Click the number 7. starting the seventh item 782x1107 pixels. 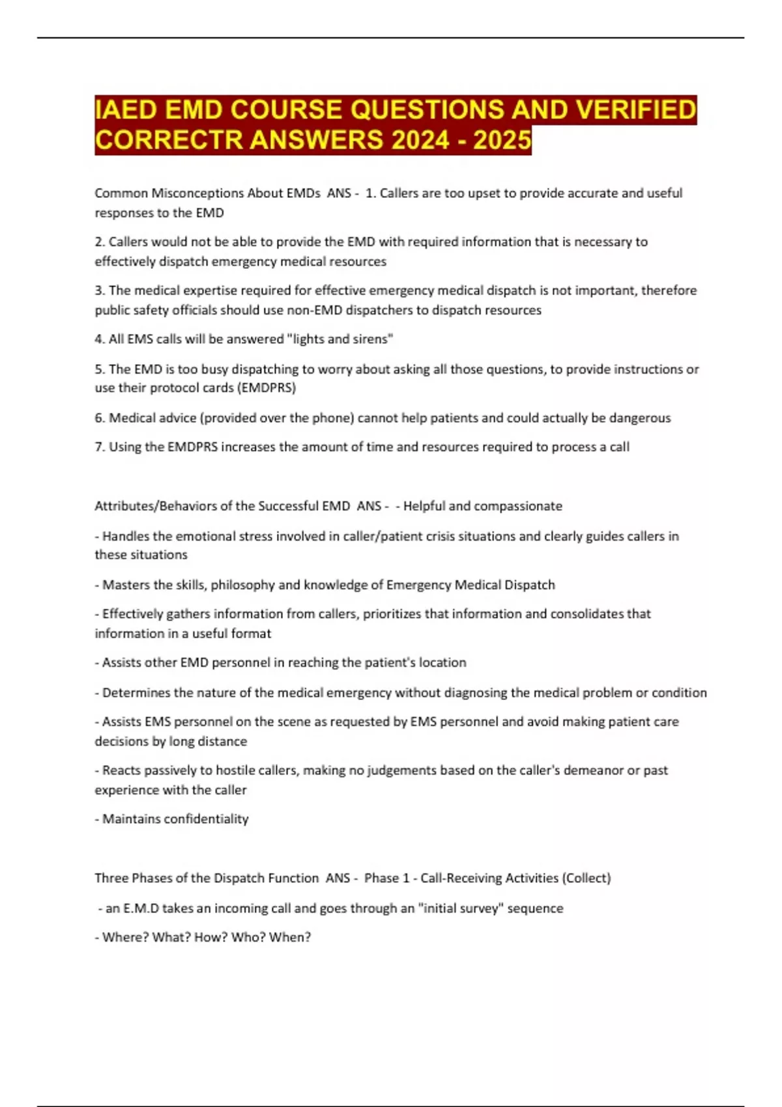pos(100,447)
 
